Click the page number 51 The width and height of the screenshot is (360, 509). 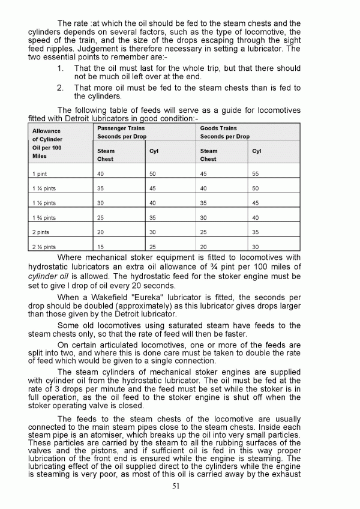coord(175,486)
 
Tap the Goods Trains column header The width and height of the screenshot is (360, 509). coord(218,128)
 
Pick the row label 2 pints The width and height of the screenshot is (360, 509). coord(41,232)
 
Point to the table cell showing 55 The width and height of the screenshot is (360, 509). coord(256,173)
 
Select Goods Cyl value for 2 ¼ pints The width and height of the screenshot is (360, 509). coord(256,247)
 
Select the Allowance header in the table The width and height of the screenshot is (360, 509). coord(46,130)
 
